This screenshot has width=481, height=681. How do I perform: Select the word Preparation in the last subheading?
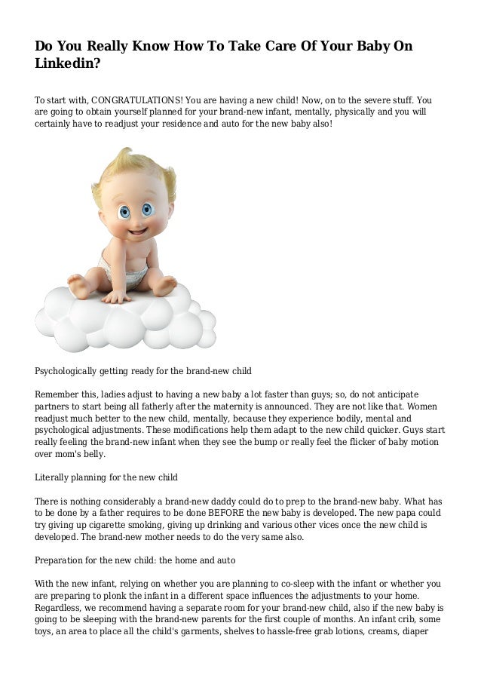(63, 560)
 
